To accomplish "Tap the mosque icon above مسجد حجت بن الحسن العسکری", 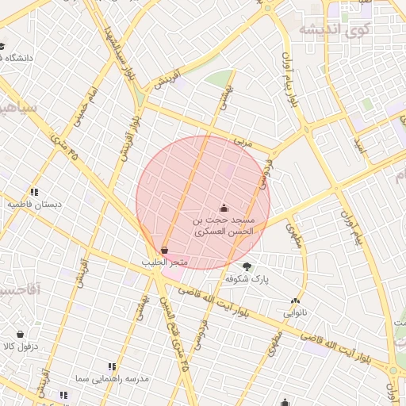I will click(x=224, y=208).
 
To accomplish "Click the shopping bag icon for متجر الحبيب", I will click(x=164, y=251).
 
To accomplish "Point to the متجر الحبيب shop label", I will click(x=164, y=262).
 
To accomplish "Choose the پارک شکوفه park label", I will click(x=247, y=279).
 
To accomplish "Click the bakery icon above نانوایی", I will click(x=295, y=301).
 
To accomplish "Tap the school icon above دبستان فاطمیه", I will click(x=34, y=192).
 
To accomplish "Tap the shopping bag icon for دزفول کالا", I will click(x=20, y=334).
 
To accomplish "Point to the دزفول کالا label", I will click(x=20, y=347).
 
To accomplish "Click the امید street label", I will click(x=359, y=145).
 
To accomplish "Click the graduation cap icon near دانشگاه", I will click(x=2, y=46).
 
